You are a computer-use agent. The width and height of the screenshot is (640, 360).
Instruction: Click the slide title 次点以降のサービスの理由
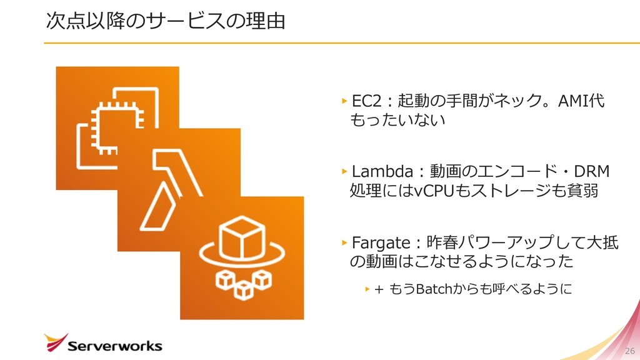(166, 21)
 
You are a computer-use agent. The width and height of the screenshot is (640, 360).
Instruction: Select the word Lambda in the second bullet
(381, 171)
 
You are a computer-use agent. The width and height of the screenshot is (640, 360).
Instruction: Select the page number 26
(629, 349)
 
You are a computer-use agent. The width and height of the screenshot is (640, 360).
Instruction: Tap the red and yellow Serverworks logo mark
(55, 342)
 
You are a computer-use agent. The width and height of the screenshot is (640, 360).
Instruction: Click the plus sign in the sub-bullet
(378, 289)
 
